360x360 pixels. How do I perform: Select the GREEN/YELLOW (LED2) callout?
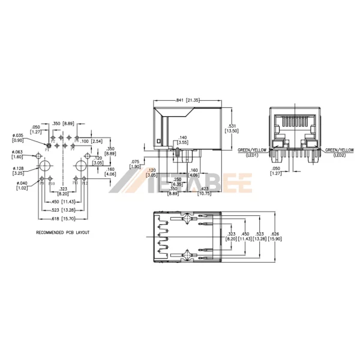(x=340, y=152)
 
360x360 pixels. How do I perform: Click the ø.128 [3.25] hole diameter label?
(x=19, y=170)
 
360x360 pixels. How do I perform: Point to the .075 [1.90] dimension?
(x=136, y=164)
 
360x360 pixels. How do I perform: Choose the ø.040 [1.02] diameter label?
(x=22, y=186)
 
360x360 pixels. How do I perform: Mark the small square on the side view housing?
(x=158, y=142)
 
